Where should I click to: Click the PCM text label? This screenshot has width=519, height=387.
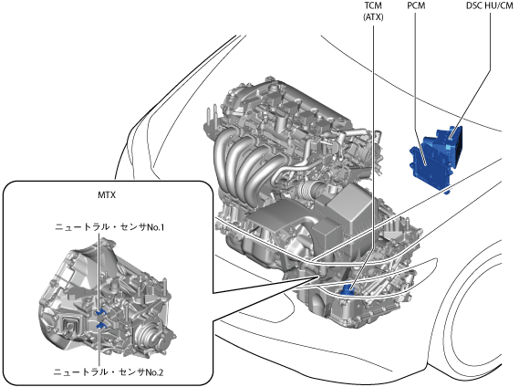[416, 5]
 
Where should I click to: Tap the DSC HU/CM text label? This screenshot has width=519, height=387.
[490, 5]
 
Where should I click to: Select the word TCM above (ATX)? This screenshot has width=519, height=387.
[373, 5]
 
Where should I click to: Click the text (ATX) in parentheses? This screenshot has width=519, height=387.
[373, 17]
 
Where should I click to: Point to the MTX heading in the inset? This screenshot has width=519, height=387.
[107, 194]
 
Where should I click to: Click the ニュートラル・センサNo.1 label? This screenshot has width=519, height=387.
[109, 227]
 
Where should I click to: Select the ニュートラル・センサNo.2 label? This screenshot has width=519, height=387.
[109, 372]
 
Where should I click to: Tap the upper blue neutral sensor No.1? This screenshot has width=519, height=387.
[100, 312]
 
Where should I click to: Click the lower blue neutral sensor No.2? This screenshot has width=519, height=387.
[101, 326]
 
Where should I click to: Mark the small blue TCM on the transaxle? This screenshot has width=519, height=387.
[347, 290]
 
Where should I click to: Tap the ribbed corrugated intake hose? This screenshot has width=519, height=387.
[306, 188]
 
